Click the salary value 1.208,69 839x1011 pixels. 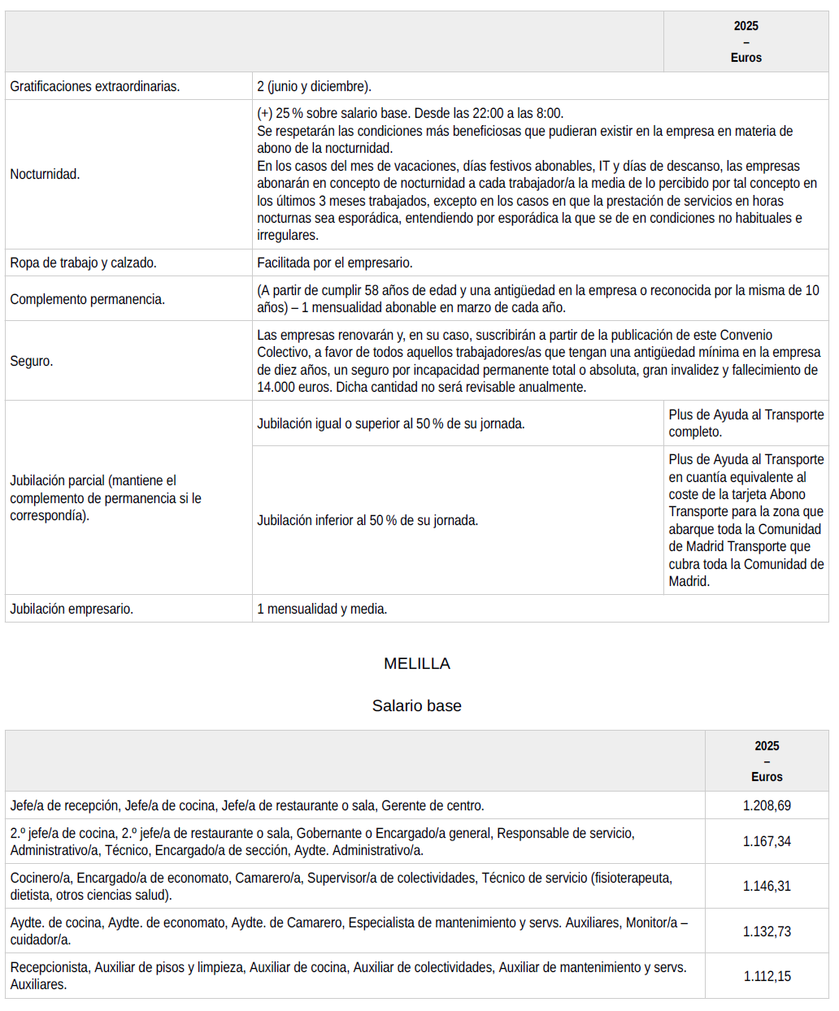767,805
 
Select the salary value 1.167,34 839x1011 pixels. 767,841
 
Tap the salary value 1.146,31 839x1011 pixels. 767,886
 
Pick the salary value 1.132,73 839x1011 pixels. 767,931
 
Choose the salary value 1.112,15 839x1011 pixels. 767,976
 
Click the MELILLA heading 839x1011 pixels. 416,664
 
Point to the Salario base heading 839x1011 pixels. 416,706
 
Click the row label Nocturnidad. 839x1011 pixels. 45,174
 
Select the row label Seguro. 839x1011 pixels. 32,361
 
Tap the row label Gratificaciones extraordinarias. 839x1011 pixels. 94,86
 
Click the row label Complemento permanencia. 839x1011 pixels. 87,299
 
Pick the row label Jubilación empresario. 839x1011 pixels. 72,609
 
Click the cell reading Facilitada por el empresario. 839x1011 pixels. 334,263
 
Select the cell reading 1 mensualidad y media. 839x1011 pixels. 322,609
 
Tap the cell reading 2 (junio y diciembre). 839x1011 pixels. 314,86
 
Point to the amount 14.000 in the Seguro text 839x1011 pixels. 276,388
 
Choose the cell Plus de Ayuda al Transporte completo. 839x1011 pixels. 746,423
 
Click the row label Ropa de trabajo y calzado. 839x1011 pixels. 83,263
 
